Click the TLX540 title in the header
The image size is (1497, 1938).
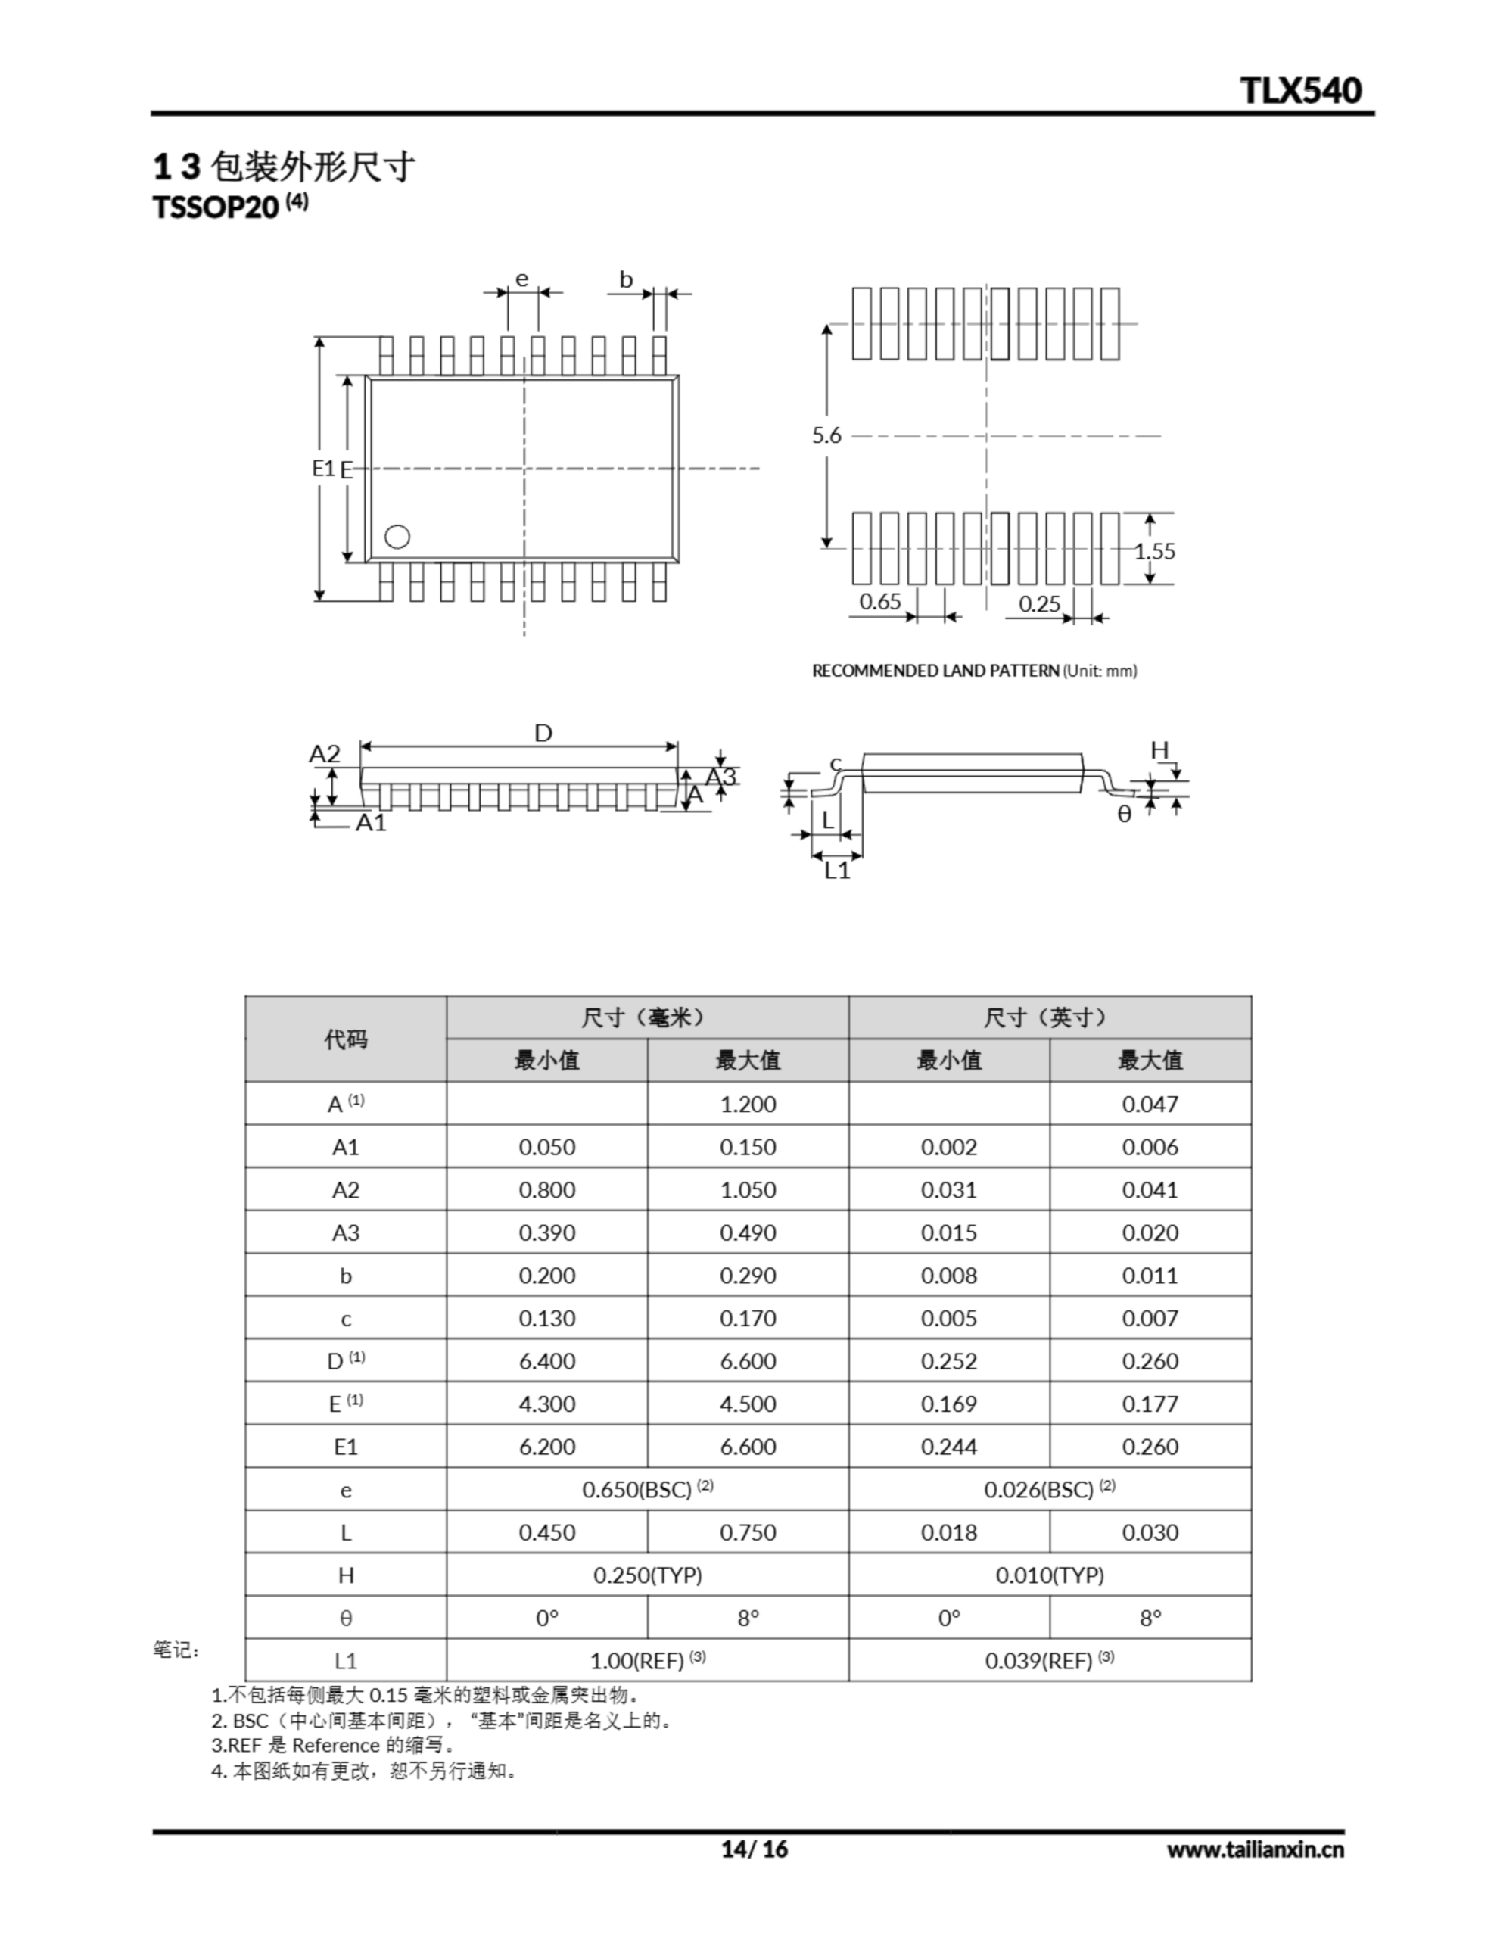(x=1300, y=91)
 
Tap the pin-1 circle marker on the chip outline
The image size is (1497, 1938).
(x=397, y=537)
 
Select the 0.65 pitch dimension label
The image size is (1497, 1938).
(x=879, y=602)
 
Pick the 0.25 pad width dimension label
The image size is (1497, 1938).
(x=1039, y=604)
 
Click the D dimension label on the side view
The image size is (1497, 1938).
(x=543, y=733)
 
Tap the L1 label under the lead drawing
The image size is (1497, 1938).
(x=837, y=871)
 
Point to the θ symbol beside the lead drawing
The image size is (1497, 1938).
(x=1125, y=815)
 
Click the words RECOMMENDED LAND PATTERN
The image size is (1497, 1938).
(x=935, y=671)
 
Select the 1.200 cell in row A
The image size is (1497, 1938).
(x=747, y=1104)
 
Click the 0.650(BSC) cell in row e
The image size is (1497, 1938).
(x=646, y=1490)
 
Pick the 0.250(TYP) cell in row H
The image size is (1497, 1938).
(x=647, y=1575)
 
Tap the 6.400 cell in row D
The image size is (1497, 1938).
(x=546, y=1361)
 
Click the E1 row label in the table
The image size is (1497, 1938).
(x=345, y=1447)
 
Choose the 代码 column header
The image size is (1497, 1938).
(x=345, y=1039)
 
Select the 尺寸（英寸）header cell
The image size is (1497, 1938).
(x=1049, y=1017)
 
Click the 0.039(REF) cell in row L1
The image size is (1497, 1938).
(x=1049, y=1661)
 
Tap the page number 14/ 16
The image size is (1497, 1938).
(x=755, y=1849)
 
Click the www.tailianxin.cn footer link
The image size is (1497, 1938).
(x=1255, y=1850)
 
